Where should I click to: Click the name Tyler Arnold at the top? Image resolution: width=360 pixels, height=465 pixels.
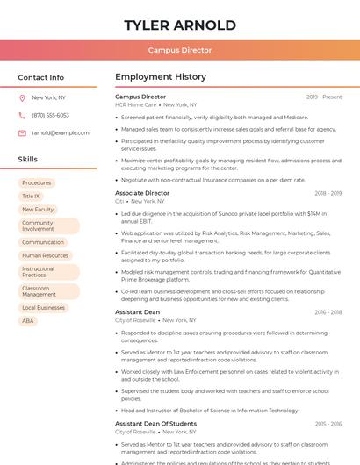pos(180,25)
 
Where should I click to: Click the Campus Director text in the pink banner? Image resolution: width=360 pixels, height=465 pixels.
pos(180,50)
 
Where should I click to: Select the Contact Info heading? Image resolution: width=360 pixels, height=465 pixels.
pos(41,77)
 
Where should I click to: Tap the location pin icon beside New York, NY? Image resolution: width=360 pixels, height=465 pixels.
pos(22,98)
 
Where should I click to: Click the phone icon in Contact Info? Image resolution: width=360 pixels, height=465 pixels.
pos(22,116)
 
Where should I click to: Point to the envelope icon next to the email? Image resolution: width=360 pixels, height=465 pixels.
pos(22,133)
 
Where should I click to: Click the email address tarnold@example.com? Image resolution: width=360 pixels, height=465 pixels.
pos(61,133)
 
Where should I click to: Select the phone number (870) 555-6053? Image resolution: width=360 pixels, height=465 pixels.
pos(50,116)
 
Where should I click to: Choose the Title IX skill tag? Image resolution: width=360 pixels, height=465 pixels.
pos(31,197)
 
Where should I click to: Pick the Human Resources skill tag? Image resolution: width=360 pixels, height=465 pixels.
pos(45,255)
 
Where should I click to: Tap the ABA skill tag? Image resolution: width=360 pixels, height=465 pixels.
pos(28,321)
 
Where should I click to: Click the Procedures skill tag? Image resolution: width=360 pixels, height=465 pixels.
pos(37,183)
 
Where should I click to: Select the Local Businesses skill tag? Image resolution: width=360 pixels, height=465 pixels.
pos(43,308)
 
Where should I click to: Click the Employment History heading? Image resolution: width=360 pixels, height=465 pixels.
pos(160,77)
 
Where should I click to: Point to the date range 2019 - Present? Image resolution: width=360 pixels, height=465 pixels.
pos(324,97)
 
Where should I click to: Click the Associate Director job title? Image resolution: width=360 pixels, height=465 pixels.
pos(142,193)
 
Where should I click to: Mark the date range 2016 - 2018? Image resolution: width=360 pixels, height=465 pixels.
pos(328,312)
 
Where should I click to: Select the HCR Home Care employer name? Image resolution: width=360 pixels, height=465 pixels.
pos(135,104)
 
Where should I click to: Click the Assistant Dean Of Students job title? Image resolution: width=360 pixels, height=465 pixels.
pos(155,424)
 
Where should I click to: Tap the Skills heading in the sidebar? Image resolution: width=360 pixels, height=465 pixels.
pos(28,160)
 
